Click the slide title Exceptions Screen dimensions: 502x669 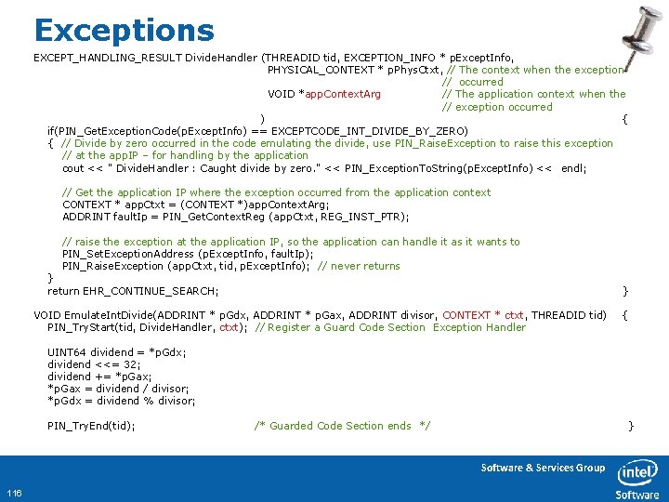(x=124, y=30)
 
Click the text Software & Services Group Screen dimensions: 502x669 (x=542, y=468)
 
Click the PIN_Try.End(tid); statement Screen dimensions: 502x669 (x=91, y=426)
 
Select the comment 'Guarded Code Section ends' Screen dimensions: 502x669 (x=342, y=426)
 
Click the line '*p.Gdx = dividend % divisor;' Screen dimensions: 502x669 (x=121, y=401)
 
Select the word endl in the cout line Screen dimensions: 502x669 (x=574, y=168)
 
